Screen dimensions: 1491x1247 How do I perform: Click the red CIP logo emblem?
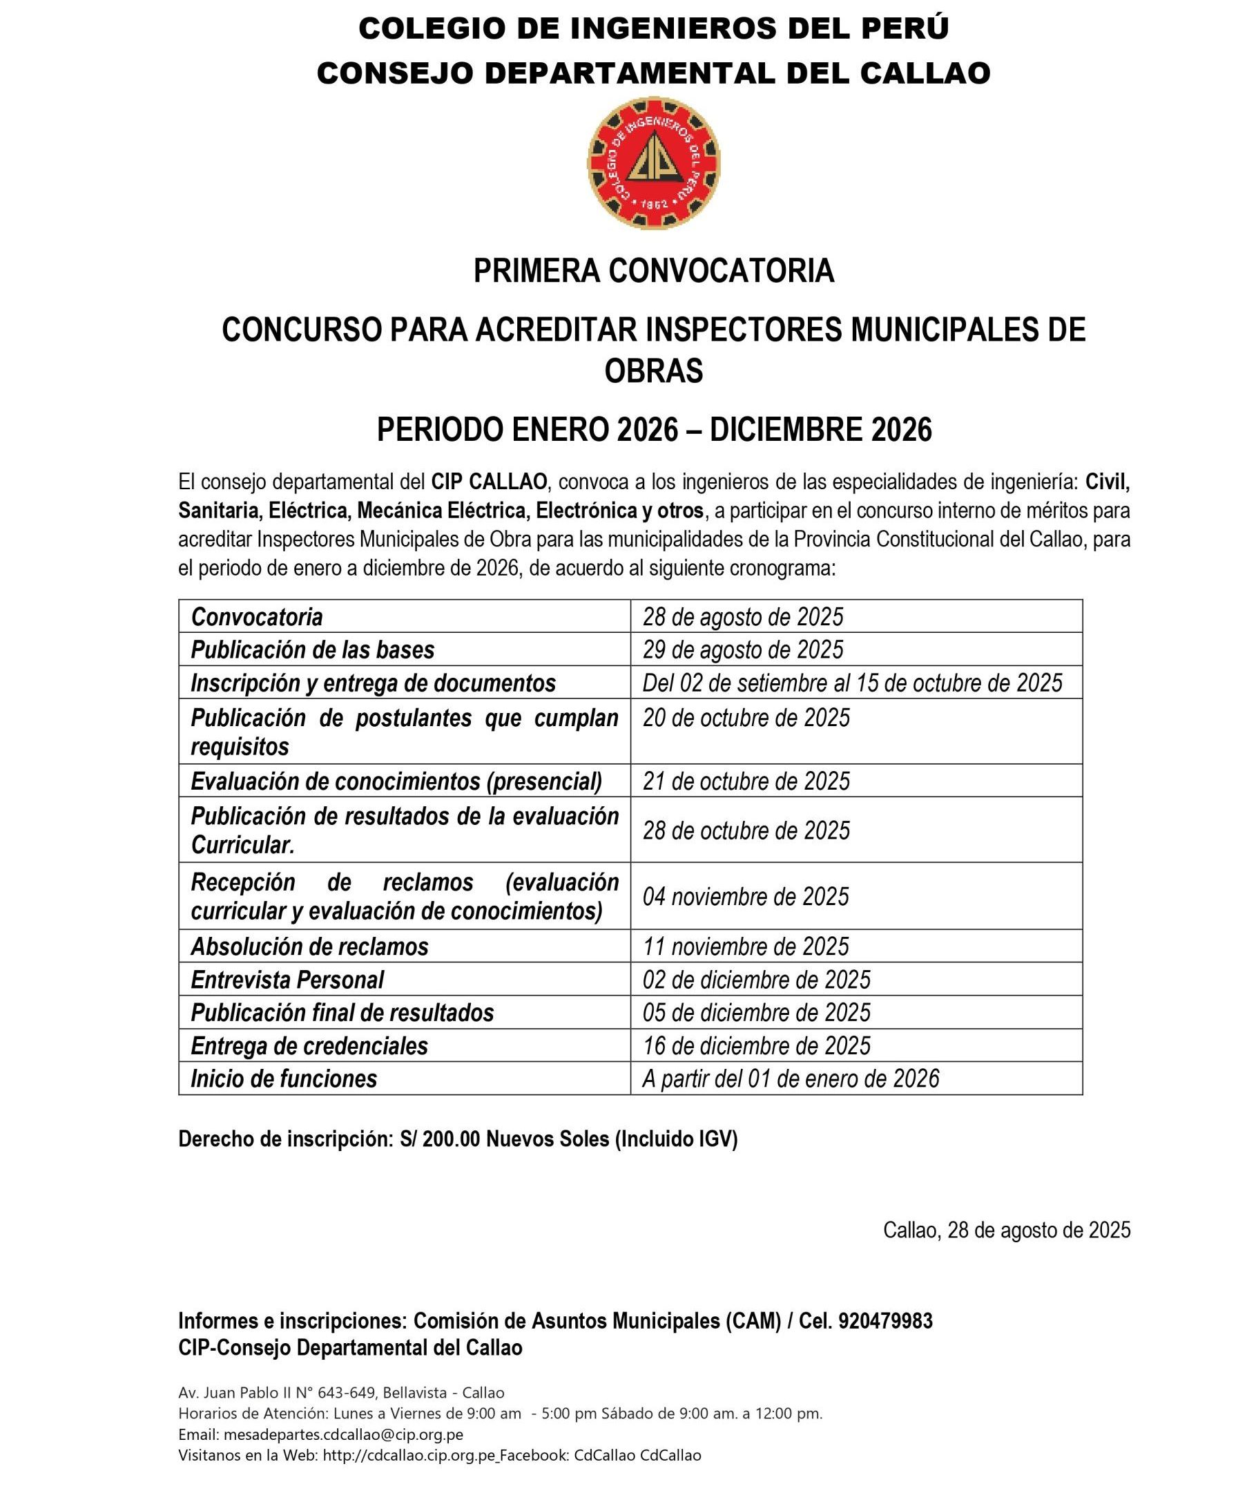coord(653,162)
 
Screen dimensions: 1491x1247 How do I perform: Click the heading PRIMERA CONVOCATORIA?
coord(653,271)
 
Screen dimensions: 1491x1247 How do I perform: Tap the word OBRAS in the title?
coord(653,370)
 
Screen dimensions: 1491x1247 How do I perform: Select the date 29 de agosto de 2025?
coord(742,649)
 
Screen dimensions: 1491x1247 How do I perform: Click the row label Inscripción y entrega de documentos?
coord(373,683)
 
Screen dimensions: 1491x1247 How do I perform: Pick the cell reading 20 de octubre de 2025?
coord(746,718)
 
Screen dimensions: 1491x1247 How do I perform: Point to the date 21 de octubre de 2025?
coord(746,781)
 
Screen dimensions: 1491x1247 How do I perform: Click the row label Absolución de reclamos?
coord(309,947)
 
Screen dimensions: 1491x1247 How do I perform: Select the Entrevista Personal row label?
coord(287,980)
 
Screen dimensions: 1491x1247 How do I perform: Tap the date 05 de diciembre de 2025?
coord(756,1012)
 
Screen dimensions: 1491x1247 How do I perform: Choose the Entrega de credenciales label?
coord(309,1046)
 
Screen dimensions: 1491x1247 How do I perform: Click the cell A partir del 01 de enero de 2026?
coord(790,1079)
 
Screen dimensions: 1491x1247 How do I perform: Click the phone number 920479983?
coord(885,1320)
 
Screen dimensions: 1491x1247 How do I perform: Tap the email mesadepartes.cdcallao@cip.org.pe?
coord(342,1435)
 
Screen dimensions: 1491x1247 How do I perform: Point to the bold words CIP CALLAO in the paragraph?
coord(489,482)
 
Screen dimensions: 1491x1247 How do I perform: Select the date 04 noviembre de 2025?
coord(745,897)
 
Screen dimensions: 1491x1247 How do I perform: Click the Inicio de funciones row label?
coord(283,1079)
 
